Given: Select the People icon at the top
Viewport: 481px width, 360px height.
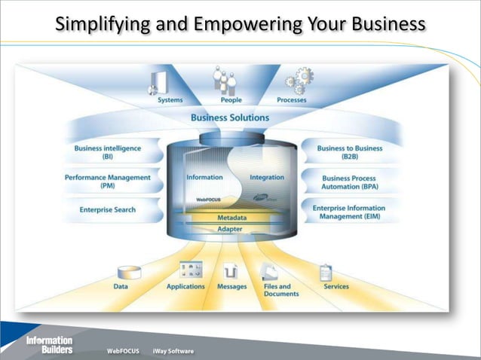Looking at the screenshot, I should [x=225, y=80].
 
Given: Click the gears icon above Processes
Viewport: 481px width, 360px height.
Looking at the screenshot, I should [x=296, y=79].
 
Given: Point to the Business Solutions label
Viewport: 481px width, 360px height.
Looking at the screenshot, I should [x=230, y=117].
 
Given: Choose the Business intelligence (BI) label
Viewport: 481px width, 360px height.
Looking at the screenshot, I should [x=108, y=152].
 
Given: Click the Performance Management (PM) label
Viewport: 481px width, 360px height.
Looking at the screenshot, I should [x=107, y=181].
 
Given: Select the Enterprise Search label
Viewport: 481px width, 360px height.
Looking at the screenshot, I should [x=108, y=209].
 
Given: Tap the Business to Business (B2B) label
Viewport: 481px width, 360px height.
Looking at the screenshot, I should [x=350, y=152].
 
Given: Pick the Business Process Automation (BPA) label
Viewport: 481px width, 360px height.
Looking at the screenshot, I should [x=350, y=181].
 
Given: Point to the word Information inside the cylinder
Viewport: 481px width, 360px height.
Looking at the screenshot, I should [x=204, y=178].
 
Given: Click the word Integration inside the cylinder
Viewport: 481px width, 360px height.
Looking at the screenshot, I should [x=267, y=178].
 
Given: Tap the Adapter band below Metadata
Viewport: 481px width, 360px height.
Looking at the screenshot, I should [x=230, y=228].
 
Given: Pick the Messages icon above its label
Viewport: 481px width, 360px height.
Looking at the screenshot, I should [x=231, y=271].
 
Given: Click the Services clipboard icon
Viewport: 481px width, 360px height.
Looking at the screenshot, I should [x=326, y=271].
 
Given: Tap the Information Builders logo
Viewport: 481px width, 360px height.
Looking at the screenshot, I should [x=49, y=344].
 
